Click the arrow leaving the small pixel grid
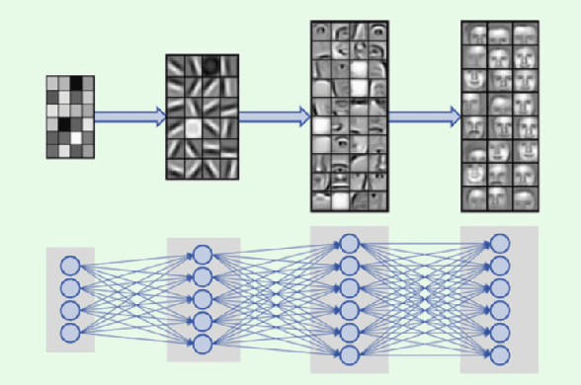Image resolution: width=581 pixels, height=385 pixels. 129,117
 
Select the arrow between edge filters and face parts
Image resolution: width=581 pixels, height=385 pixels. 274,117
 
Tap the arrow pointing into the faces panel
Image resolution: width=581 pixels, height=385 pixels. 424,117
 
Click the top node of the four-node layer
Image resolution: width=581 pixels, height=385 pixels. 70,266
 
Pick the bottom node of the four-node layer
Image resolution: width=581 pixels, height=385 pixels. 70,333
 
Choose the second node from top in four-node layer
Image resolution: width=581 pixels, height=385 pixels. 70,288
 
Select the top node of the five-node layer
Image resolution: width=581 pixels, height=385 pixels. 203,255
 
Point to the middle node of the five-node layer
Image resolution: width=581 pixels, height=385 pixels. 203,299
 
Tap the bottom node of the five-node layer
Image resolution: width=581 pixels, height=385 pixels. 203,344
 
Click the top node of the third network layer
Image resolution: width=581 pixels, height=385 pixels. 349,243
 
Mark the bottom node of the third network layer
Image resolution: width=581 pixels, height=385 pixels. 349,355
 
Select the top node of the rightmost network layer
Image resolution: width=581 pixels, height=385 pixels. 500,243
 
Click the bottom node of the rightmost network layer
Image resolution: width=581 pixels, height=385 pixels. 500,355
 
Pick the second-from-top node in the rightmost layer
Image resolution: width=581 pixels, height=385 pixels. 500,266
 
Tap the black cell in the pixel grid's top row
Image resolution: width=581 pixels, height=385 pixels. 76,83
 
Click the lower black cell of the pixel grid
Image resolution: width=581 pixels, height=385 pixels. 64,125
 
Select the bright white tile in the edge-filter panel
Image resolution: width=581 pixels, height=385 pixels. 192,127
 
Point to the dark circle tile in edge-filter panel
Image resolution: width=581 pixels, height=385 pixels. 210,66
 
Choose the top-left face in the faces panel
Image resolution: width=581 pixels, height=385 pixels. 474,35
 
